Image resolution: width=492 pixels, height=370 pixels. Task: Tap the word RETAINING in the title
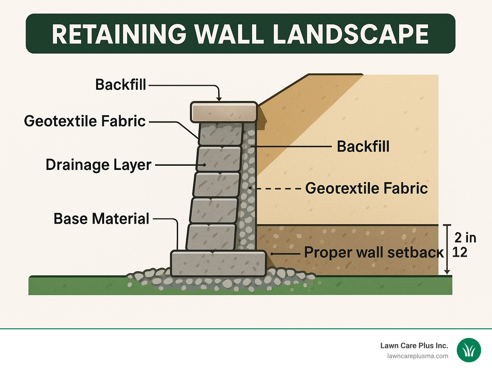[x=119, y=34]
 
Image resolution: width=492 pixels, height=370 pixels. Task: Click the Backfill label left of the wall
[x=121, y=85]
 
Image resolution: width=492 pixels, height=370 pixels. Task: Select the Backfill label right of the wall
[x=363, y=147]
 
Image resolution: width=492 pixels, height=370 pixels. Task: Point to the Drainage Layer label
[x=99, y=165]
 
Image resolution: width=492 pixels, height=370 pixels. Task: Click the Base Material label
[x=102, y=219]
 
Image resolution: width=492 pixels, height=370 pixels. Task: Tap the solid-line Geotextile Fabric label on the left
[x=85, y=121]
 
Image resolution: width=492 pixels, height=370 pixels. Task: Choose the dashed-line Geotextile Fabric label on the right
[x=366, y=188]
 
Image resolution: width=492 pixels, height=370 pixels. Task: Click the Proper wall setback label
[x=373, y=253]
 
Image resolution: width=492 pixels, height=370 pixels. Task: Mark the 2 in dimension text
[x=465, y=238]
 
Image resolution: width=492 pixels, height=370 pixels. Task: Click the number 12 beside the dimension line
[x=460, y=252]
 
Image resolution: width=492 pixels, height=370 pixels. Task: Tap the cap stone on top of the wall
[x=224, y=112]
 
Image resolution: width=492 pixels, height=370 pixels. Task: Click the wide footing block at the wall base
[x=218, y=264]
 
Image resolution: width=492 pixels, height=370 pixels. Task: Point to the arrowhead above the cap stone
[x=219, y=98]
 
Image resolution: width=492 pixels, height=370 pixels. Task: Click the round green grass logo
[x=469, y=350]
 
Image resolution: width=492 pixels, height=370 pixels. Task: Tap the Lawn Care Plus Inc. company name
[x=414, y=346]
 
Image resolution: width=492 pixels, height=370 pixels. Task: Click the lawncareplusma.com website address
[x=418, y=356]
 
